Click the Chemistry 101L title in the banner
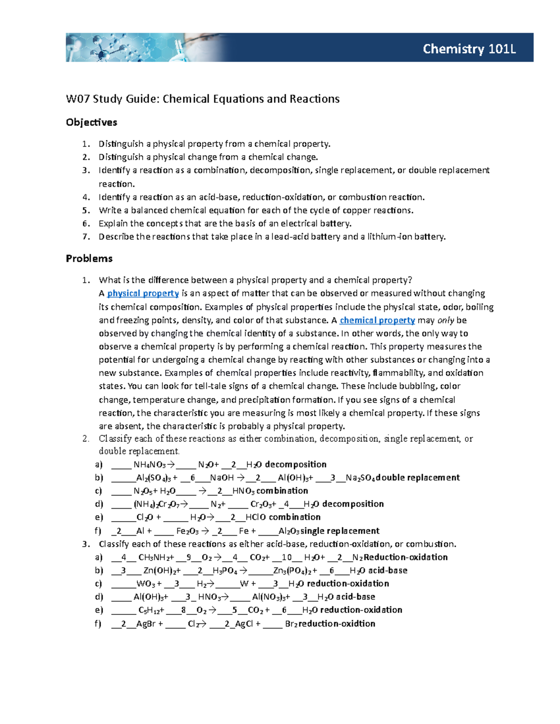pyautogui.click(x=469, y=49)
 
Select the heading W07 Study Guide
pyautogui.click(x=203, y=99)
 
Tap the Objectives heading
pyautogui.click(x=91, y=122)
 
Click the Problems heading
pyautogui.click(x=89, y=258)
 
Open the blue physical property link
pyautogui.click(x=143, y=293)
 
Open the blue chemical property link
pyautogui.click(x=377, y=320)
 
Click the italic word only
pyautogui.click(x=445, y=320)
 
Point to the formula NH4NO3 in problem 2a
pyautogui.click(x=149, y=464)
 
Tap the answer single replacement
pyautogui.click(x=340, y=531)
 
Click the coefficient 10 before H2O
pyautogui.click(x=287, y=557)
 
